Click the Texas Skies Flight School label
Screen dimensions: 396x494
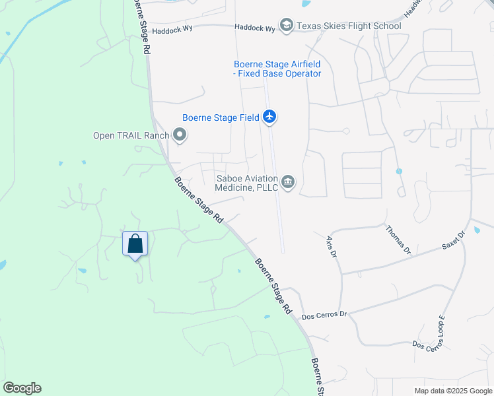(348, 26)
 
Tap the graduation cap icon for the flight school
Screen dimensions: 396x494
(286, 26)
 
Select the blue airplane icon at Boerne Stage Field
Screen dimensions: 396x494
(269, 117)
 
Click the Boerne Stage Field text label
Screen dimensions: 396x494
(221, 118)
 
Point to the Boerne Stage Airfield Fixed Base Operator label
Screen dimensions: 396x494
(277, 69)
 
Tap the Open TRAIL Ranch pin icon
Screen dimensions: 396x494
(180, 136)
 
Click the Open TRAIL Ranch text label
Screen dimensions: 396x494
(131, 136)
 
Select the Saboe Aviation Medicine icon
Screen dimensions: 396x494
(288, 181)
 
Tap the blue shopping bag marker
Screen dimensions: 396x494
(135, 244)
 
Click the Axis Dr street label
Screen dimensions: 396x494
(331, 245)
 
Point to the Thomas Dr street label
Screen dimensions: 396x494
(398, 240)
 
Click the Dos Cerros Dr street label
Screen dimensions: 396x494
(324, 315)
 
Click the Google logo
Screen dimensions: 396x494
(22, 388)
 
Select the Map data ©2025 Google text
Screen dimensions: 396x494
(452, 391)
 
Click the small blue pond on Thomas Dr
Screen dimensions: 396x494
(399, 172)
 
